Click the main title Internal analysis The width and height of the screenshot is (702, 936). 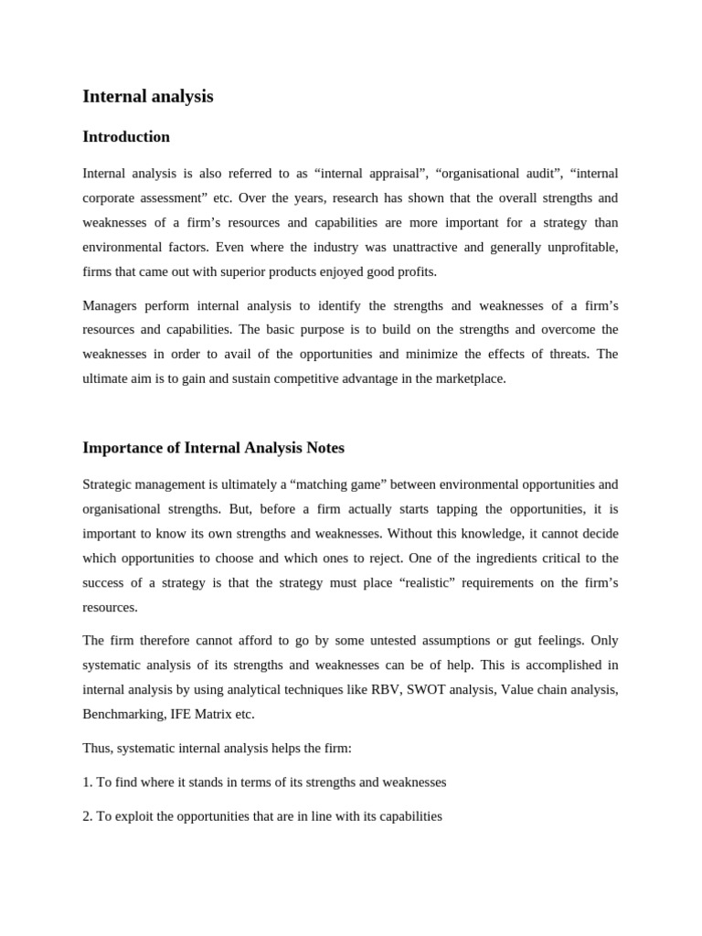147,96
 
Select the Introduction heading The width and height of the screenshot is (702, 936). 126,137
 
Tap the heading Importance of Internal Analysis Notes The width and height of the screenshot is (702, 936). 213,448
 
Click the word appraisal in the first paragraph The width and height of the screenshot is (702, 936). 388,174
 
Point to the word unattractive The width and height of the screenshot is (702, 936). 426,247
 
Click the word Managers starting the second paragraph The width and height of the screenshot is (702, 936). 110,305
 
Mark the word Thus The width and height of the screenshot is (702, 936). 97,749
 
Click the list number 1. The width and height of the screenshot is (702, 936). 87,782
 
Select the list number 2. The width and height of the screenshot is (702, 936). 87,816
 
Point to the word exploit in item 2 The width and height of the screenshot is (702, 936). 135,816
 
